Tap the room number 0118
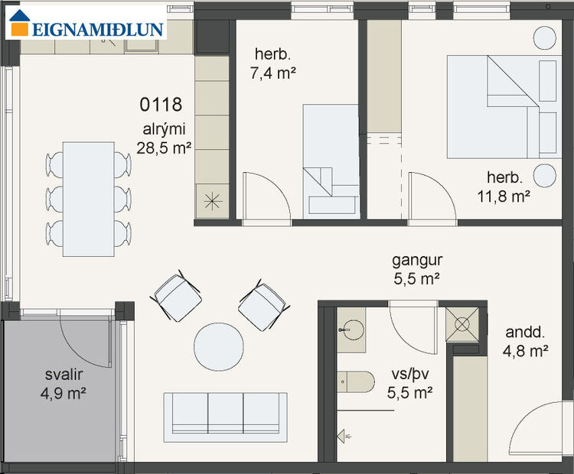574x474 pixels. [160, 103]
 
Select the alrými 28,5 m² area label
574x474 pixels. [164, 138]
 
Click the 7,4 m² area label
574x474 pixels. [272, 73]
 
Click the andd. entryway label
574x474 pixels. [527, 342]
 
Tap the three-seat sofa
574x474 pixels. [226, 417]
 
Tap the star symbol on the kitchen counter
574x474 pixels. [212, 202]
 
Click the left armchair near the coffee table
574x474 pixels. [177, 297]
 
